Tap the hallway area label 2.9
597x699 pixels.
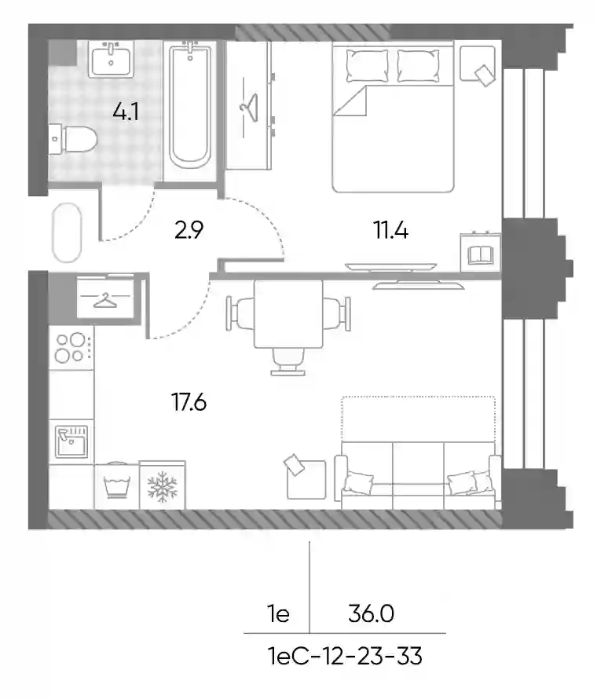[189, 230]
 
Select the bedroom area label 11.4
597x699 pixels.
[391, 230]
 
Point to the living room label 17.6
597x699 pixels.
[189, 402]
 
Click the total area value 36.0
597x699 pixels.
[371, 614]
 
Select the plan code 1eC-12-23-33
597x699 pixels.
[345, 657]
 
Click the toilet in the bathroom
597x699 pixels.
[73, 139]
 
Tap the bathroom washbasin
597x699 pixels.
[111, 60]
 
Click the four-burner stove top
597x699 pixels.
[71, 347]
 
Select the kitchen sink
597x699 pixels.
[71, 441]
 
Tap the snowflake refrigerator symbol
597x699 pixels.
[163, 485]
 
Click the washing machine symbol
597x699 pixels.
[116, 485]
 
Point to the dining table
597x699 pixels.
[288, 314]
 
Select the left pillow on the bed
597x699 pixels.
[367, 65]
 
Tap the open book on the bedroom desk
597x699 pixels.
[480, 255]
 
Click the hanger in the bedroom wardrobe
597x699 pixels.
[249, 107]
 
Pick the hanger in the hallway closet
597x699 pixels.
[106, 300]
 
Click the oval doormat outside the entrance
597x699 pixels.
[67, 232]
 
